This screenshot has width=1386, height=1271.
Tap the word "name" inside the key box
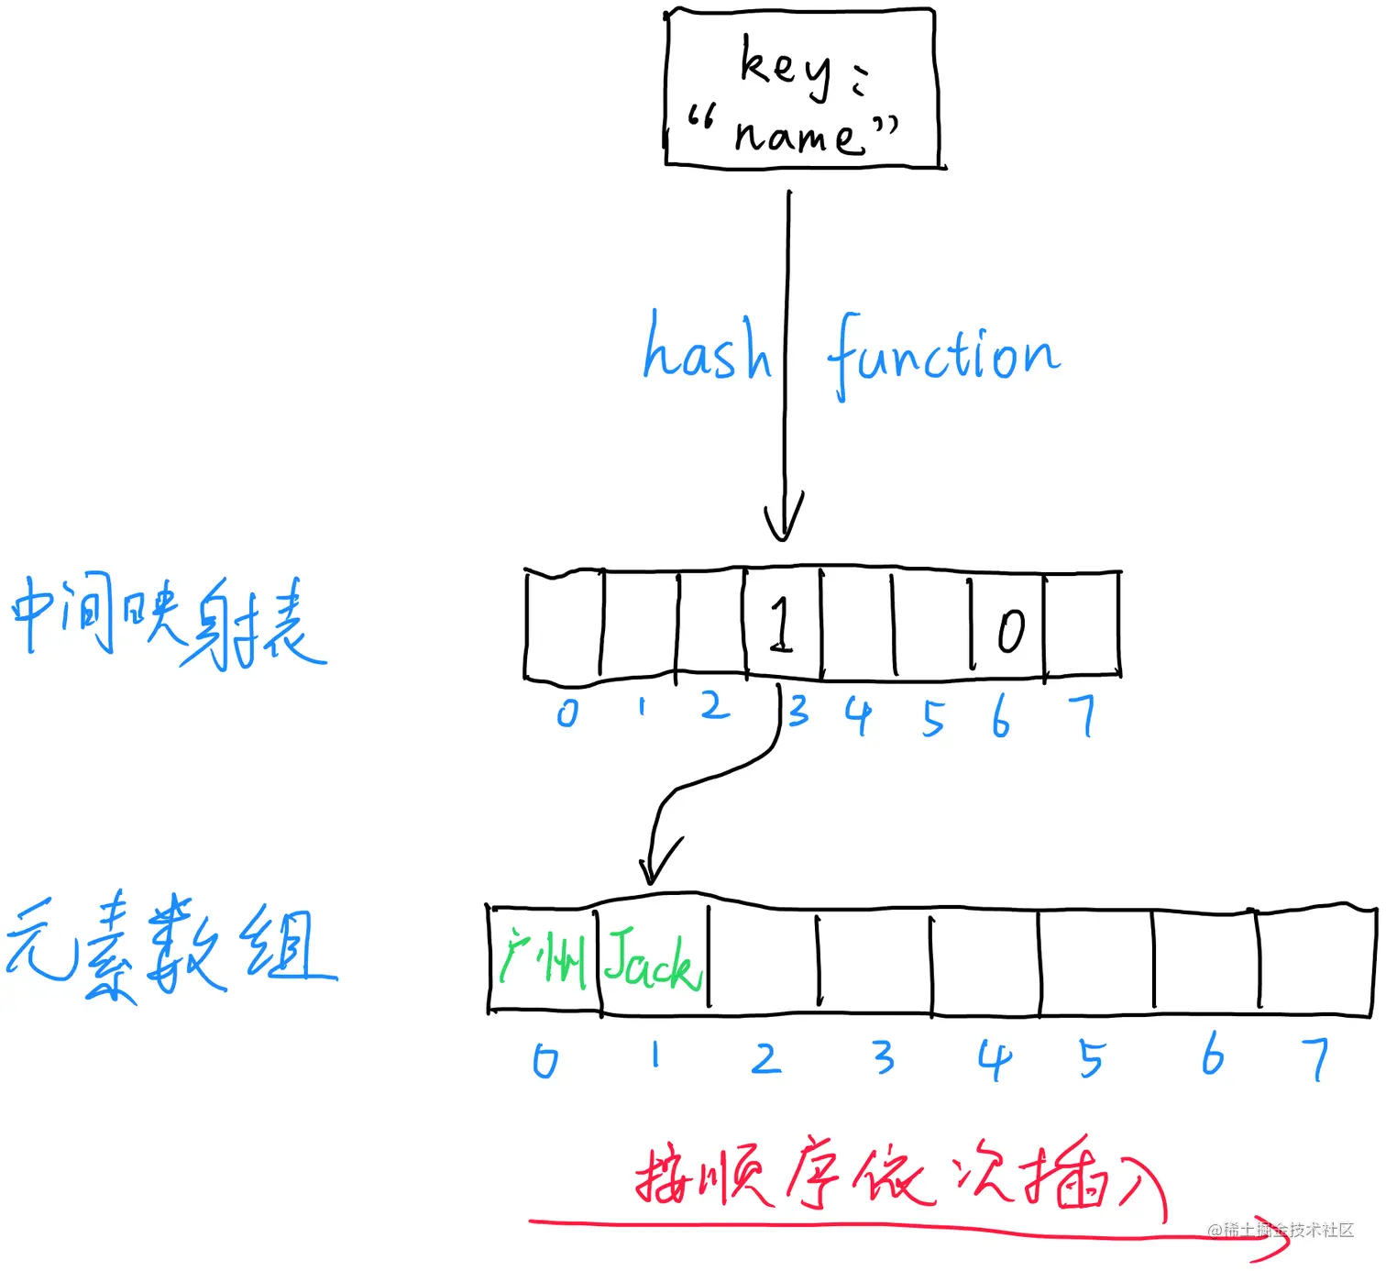(797, 137)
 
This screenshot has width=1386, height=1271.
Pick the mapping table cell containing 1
(782, 624)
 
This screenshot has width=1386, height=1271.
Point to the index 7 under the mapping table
(1083, 715)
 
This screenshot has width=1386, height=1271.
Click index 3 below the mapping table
(798, 711)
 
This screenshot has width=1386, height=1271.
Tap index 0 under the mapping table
(567, 713)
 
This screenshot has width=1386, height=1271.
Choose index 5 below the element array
(1091, 1059)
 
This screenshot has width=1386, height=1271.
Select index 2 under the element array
(765, 1059)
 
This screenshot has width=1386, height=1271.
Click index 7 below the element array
(1315, 1059)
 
